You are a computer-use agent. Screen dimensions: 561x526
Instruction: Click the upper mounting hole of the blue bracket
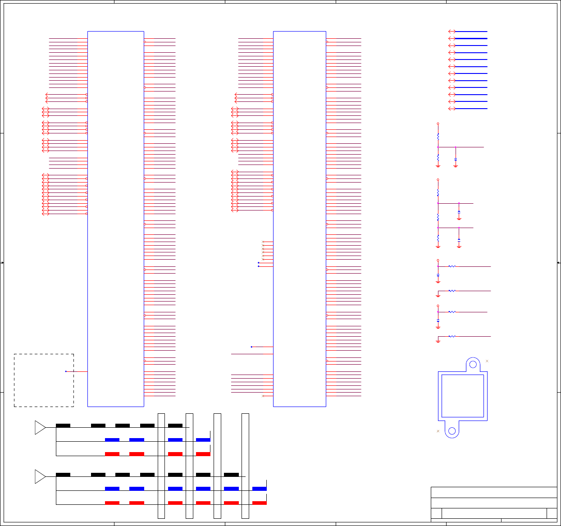coord(473,364)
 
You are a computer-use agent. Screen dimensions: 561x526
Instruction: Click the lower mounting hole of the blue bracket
coord(452,431)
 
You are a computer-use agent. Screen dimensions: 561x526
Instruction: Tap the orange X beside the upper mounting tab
coord(487,361)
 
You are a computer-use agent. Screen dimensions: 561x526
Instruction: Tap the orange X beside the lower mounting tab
coord(438,431)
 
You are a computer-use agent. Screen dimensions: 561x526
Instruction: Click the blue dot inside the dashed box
coord(66,371)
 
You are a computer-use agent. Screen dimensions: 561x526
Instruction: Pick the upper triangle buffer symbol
coord(40,427)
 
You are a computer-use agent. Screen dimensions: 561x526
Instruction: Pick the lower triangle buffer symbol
coord(40,476)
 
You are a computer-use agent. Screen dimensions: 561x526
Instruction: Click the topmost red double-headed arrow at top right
coord(452,32)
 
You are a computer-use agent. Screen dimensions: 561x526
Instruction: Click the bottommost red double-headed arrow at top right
coord(452,109)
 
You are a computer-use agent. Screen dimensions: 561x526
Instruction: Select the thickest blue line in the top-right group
coord(471,39)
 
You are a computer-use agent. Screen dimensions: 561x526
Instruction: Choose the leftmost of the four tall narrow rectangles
coord(161,466)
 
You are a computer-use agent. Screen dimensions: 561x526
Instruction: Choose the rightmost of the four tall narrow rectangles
coord(245,466)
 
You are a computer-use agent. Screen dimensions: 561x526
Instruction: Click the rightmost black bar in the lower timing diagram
coord(231,475)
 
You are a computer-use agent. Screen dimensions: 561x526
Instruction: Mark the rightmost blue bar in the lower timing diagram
coord(259,489)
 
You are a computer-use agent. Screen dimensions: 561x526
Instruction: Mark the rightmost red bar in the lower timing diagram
coord(259,503)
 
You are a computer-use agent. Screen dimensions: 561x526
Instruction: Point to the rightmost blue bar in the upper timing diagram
coord(203,439)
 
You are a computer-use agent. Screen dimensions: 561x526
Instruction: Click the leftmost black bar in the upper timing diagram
coord(63,425)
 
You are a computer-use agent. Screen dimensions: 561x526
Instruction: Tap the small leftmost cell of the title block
coord(436,513)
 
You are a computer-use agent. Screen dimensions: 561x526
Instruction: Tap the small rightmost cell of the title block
coord(552,513)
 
